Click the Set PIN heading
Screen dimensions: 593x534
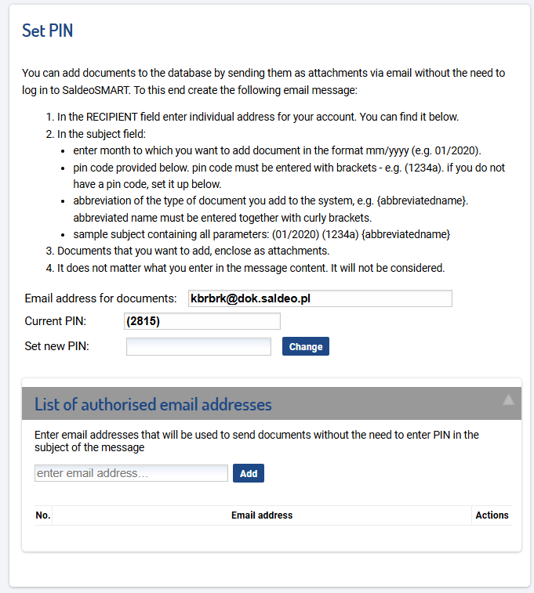47,31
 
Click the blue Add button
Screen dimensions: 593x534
249,473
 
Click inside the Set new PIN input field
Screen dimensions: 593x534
198,346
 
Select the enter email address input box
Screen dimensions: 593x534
131,473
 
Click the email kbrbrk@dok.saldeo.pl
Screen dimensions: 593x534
251,298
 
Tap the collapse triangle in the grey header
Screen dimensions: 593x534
509,400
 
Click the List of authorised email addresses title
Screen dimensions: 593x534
153,404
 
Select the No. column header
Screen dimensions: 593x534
42,515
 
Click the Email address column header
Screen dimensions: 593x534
262,515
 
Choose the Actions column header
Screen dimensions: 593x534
492,515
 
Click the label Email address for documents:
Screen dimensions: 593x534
100,298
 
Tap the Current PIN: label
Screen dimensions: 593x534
55,321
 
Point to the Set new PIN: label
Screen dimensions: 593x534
56,346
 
